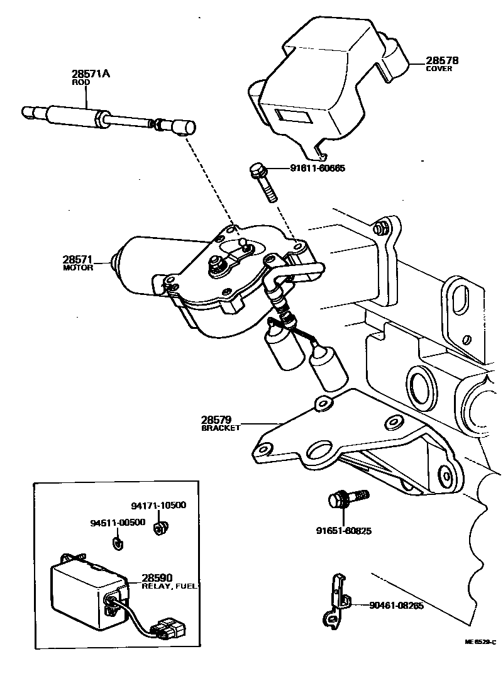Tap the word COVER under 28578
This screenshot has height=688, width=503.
point(439,69)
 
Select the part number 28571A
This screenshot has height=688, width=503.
point(91,74)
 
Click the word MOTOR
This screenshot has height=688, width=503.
point(78,267)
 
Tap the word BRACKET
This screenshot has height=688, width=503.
point(221,428)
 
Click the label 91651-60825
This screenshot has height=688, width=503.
point(344,531)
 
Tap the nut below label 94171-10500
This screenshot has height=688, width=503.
point(160,527)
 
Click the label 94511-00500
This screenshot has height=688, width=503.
point(118,523)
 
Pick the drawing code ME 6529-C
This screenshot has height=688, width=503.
point(480,642)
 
